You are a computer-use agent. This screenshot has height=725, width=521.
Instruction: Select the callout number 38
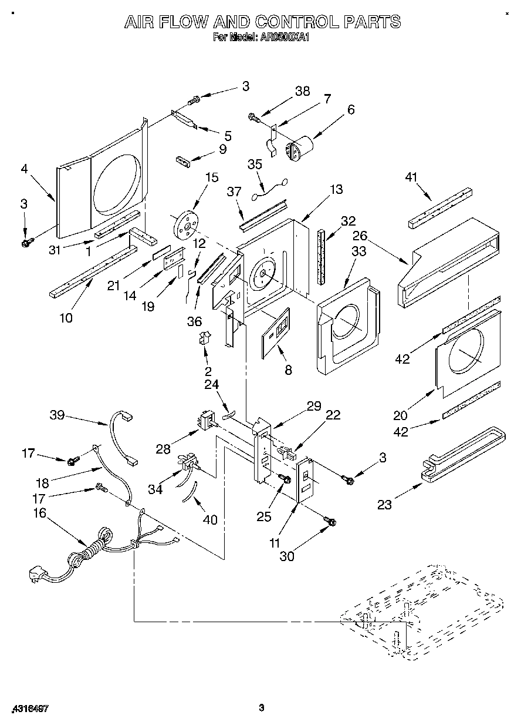pos(302,91)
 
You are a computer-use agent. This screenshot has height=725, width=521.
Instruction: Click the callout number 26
pos(360,236)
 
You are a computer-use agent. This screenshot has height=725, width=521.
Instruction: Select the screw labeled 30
pos(329,521)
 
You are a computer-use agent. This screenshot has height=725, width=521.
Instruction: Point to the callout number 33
pos(358,252)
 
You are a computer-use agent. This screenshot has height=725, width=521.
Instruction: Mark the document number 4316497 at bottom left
pos(29,709)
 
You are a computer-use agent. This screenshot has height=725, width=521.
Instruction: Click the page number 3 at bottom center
pos(260,709)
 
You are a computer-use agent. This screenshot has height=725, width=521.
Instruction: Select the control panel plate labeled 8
pos(276,332)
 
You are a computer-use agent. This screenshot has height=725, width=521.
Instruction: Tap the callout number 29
pos(314,406)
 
